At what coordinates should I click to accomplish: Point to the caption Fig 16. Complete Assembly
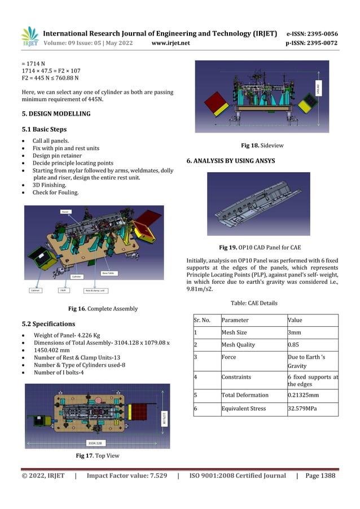point(103,309)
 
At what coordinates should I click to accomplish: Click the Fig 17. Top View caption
point(97,454)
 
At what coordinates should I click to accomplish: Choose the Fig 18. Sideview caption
point(262,145)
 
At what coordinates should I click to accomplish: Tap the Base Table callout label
point(108,273)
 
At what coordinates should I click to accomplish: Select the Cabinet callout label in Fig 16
point(37,291)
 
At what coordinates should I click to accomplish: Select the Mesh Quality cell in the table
point(238,345)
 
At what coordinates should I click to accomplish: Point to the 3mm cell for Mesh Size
point(294,332)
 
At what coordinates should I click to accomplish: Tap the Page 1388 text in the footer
point(321,476)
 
